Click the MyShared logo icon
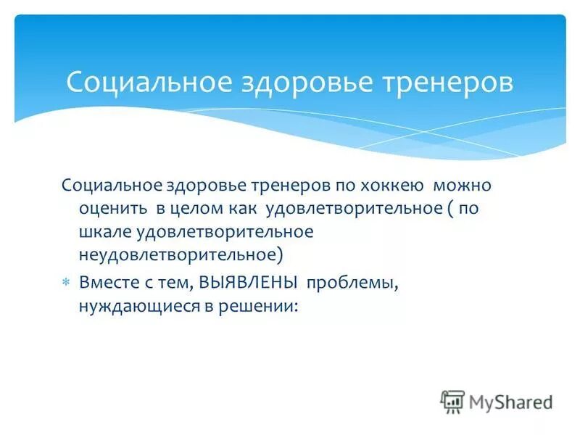452,401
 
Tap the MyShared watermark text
510,402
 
